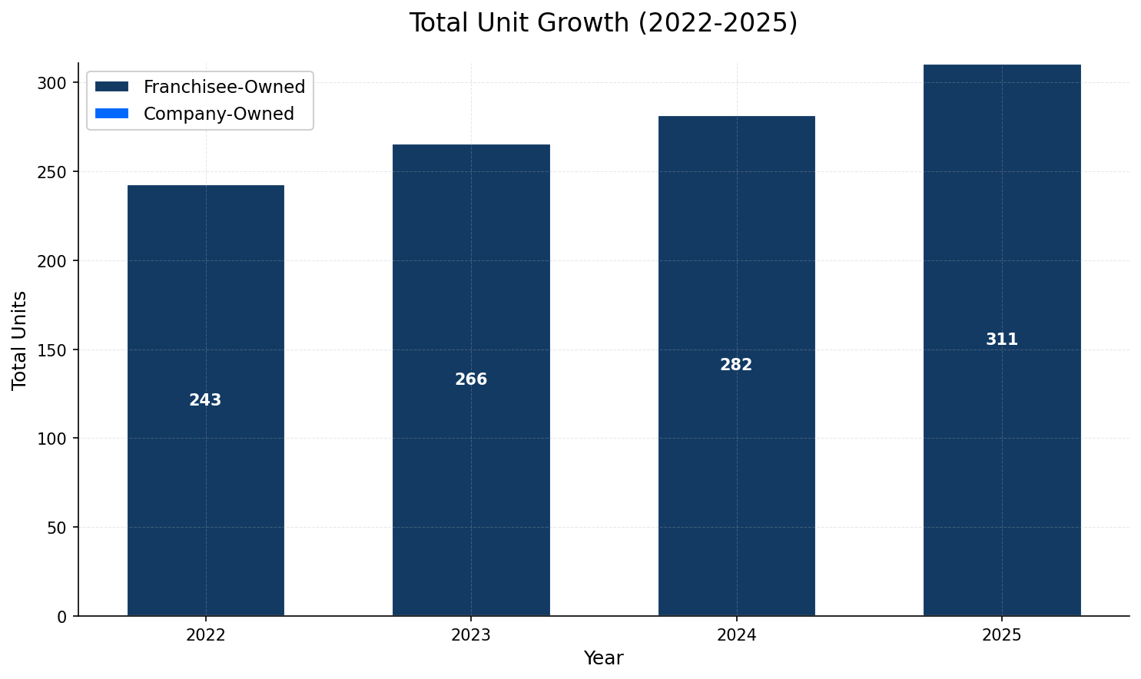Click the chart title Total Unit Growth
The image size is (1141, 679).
(603, 23)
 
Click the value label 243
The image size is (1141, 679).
(205, 400)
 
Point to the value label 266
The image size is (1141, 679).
(471, 379)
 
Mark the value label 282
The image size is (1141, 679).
(736, 365)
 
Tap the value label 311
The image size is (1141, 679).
(1002, 339)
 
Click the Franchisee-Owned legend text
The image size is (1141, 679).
(224, 87)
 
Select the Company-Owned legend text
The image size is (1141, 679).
(219, 114)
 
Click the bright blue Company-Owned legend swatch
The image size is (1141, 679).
(111, 114)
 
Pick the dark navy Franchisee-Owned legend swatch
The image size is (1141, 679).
(111, 87)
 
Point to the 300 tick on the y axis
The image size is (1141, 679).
(57, 83)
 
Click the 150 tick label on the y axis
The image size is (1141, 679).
(57, 349)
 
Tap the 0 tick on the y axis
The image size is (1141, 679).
(62, 616)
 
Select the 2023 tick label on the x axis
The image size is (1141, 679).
(471, 635)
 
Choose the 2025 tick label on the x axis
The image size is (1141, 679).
(1002, 635)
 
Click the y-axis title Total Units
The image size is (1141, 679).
(20, 339)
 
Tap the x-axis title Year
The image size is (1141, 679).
(603, 658)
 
